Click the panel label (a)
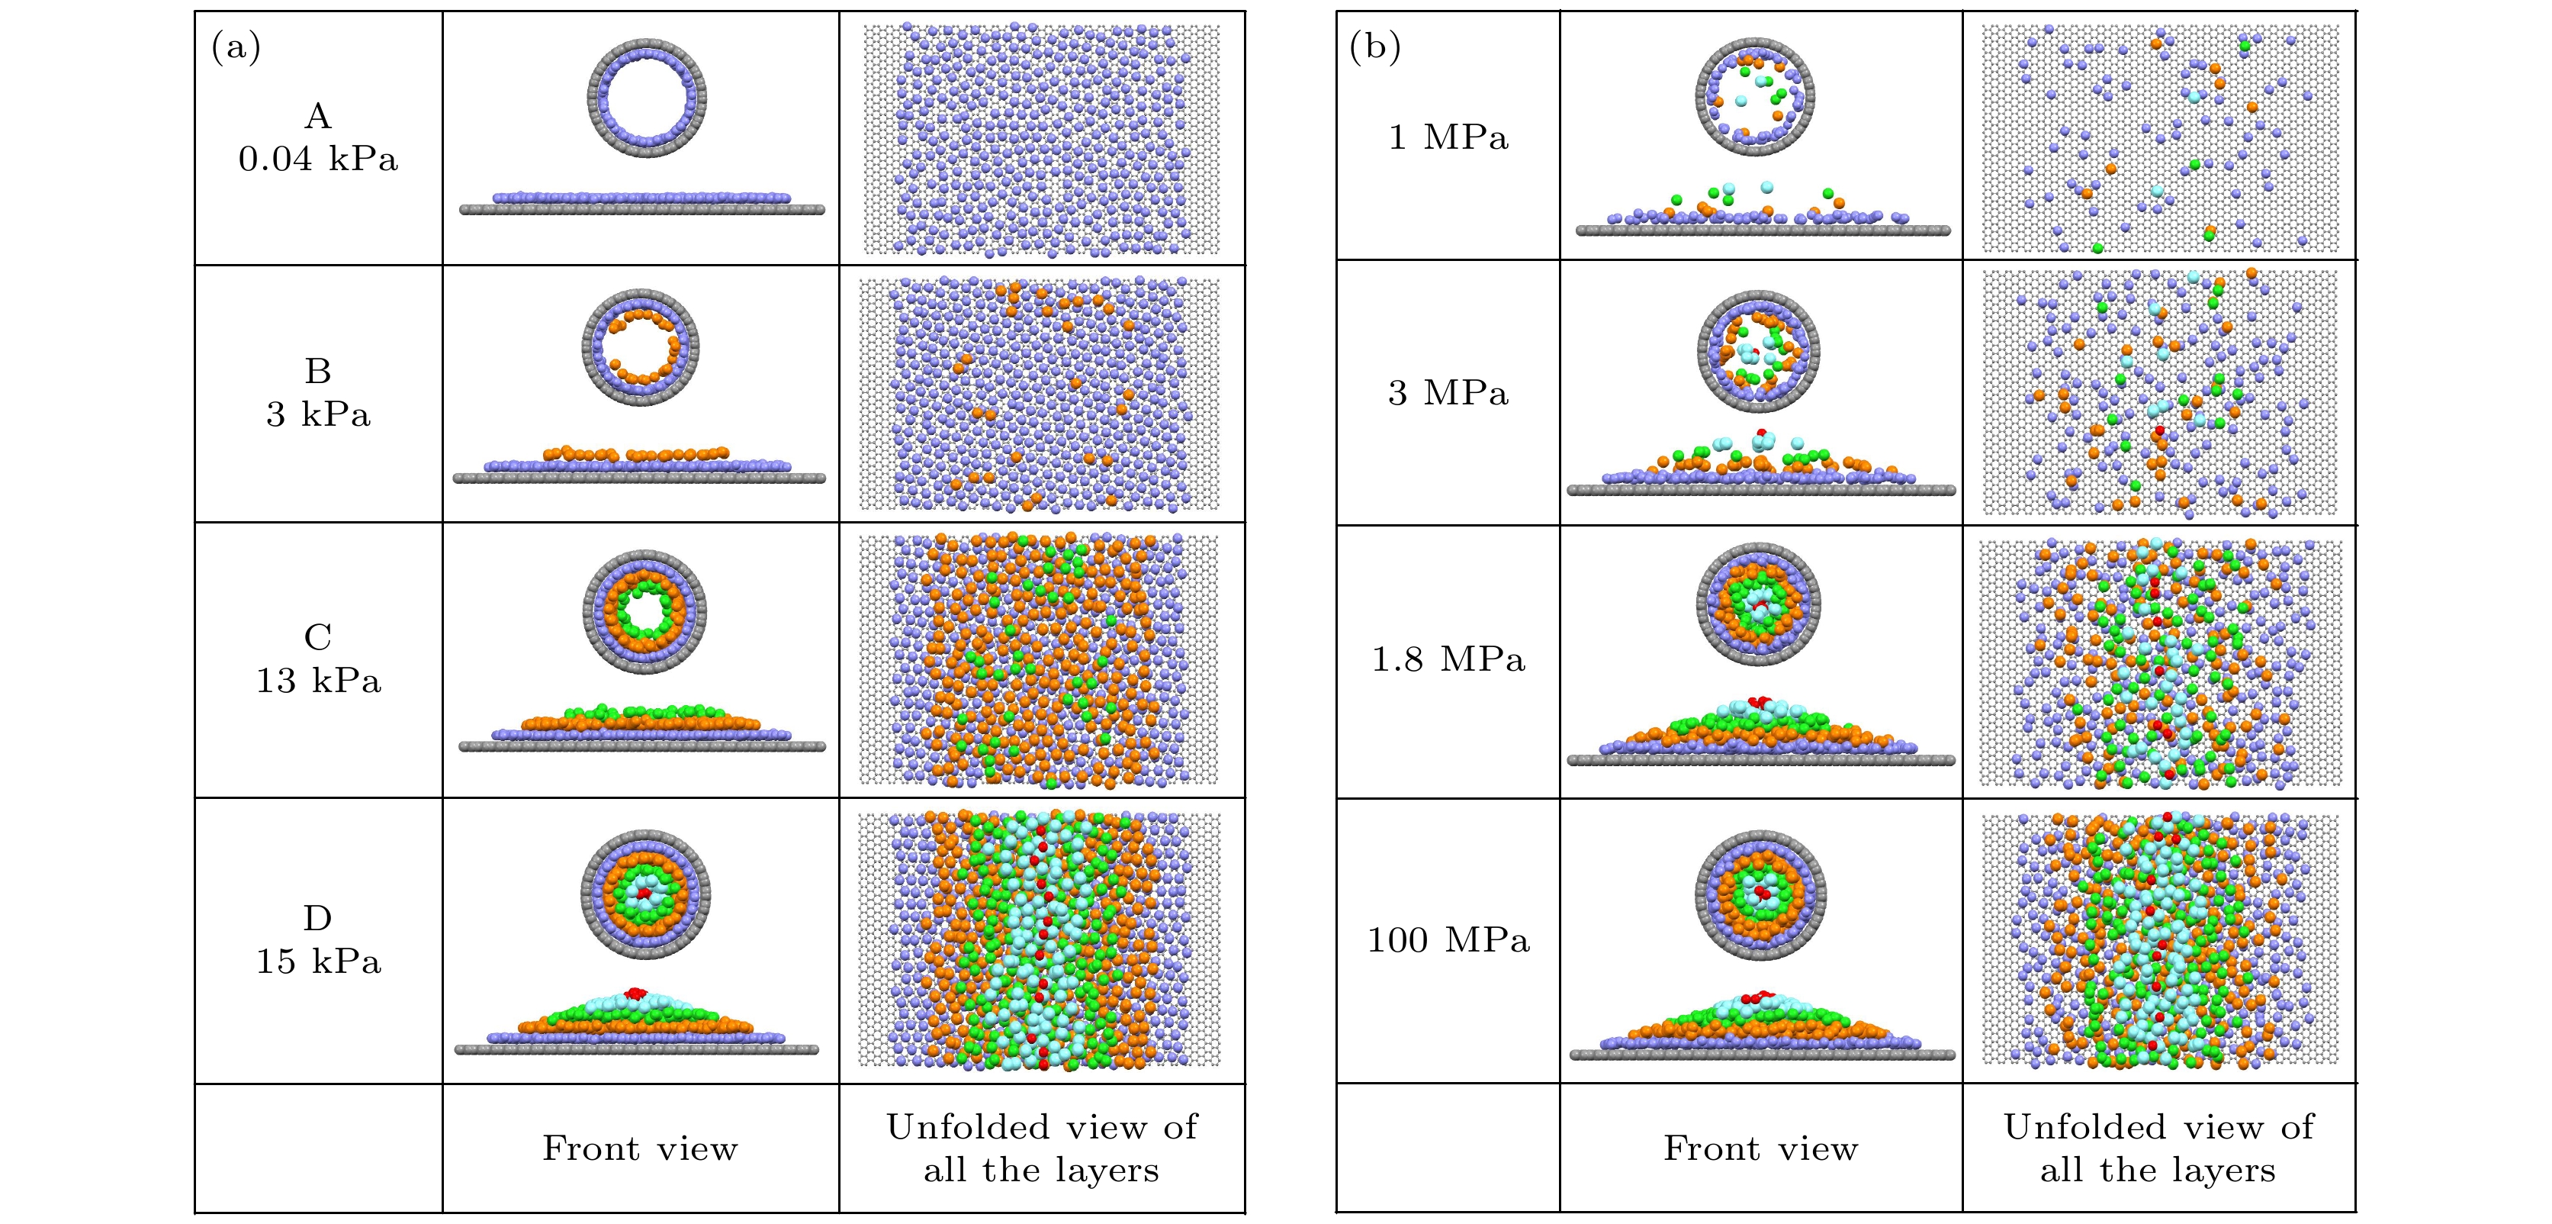point(236,47)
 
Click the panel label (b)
point(1375,47)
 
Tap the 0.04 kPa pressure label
point(318,159)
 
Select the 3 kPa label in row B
point(318,414)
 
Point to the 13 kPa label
point(318,680)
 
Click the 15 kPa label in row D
point(318,961)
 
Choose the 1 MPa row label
point(1448,137)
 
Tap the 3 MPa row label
point(1448,392)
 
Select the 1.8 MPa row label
point(1448,659)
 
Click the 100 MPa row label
point(1448,939)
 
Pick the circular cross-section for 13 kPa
point(644,611)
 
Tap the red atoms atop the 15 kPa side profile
point(635,992)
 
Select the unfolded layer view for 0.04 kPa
point(1041,139)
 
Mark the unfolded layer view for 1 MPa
point(2160,138)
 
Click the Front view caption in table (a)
point(640,1148)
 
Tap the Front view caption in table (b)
point(1760,1148)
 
